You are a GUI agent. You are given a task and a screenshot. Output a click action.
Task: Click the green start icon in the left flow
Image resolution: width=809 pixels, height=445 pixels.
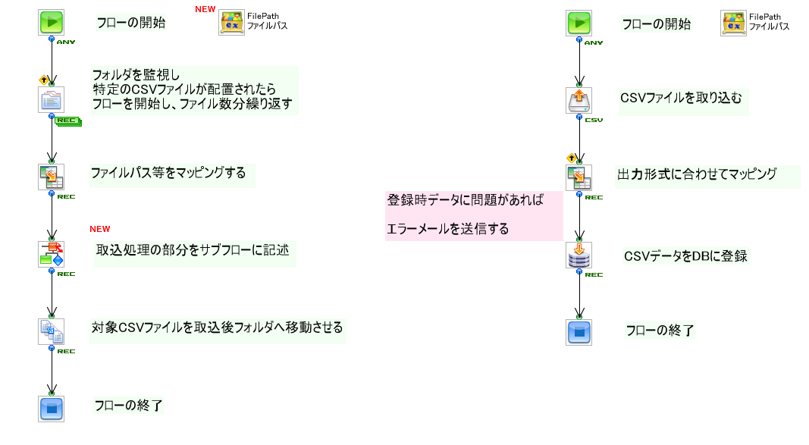pos(51,22)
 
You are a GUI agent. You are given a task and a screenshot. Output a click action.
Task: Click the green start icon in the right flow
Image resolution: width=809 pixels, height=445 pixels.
pos(579,23)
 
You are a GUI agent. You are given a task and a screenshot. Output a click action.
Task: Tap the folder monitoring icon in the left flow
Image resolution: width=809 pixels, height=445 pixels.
pos(51,100)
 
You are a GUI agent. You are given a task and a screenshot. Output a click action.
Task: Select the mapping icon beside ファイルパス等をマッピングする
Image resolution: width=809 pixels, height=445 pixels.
pos(51,177)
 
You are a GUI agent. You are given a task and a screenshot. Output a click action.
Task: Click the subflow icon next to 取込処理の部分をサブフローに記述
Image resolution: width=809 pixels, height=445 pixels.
pos(51,254)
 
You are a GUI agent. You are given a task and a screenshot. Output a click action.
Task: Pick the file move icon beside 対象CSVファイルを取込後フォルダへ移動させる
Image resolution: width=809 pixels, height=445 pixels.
pos(51,331)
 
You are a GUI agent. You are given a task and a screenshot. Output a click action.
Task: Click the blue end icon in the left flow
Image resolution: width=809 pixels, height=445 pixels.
pos(51,408)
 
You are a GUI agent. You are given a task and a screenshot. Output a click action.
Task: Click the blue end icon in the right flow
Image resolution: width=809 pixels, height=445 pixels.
pos(579,332)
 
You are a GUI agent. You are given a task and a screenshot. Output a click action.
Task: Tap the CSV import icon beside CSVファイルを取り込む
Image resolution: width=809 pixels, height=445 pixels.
pos(579,100)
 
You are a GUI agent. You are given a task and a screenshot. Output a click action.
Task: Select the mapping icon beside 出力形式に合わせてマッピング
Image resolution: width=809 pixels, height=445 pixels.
pos(579,177)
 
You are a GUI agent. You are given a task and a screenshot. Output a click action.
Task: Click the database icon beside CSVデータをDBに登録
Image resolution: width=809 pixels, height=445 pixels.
pos(579,255)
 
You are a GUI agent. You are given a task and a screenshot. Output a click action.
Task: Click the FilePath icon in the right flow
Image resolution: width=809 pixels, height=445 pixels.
pos(733,23)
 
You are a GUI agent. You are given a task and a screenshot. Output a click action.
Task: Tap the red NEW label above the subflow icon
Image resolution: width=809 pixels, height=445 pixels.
pos(100,229)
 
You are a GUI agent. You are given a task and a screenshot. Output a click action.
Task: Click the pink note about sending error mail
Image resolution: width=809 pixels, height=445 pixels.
pos(474,215)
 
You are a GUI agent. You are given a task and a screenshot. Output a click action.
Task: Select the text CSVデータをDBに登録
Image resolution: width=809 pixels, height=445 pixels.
pos(685,256)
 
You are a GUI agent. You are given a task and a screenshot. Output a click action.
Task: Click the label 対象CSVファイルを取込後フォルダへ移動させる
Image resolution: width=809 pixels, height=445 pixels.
pos(217,328)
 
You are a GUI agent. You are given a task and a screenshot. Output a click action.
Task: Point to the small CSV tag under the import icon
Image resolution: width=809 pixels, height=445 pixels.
pos(594,120)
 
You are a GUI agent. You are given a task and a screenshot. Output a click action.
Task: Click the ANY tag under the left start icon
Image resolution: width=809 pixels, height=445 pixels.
pos(66,42)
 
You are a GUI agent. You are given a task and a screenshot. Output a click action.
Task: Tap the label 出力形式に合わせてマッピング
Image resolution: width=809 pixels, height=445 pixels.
pos(697,174)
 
